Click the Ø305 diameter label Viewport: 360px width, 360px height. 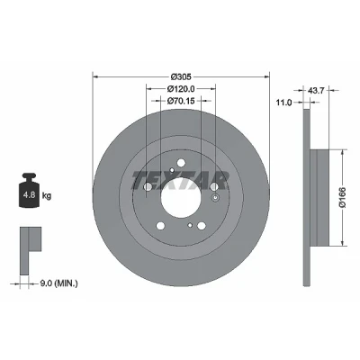(x=181, y=76)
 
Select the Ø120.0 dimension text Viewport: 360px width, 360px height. (x=181, y=89)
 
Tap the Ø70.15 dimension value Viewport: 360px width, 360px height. (x=181, y=101)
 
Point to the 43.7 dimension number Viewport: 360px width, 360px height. (x=316, y=90)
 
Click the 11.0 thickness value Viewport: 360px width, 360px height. (x=283, y=103)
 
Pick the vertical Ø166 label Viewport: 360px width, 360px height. (x=343, y=197)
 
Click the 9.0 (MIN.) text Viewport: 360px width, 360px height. (x=58, y=283)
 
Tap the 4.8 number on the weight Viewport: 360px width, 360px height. (x=29, y=195)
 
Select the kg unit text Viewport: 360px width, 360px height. (x=47, y=196)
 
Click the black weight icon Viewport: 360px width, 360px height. (x=29, y=191)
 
